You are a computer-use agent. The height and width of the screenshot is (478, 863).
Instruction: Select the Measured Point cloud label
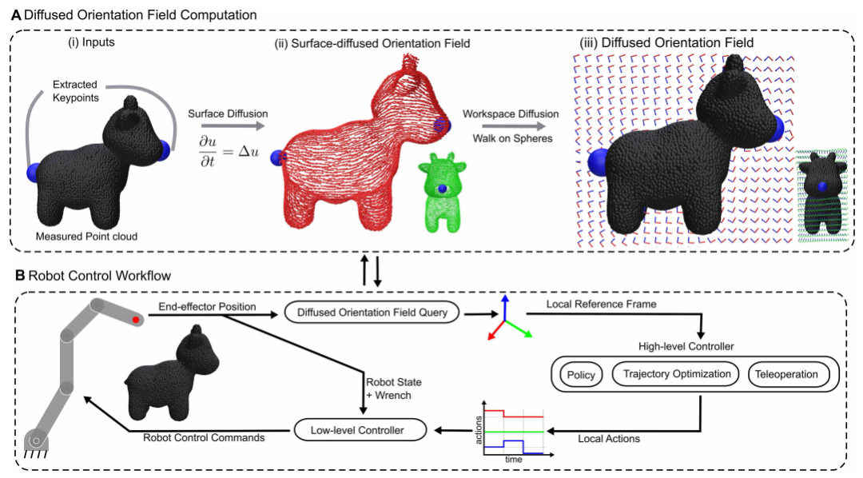86,236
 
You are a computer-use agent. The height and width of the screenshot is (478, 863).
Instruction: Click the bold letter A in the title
17,14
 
